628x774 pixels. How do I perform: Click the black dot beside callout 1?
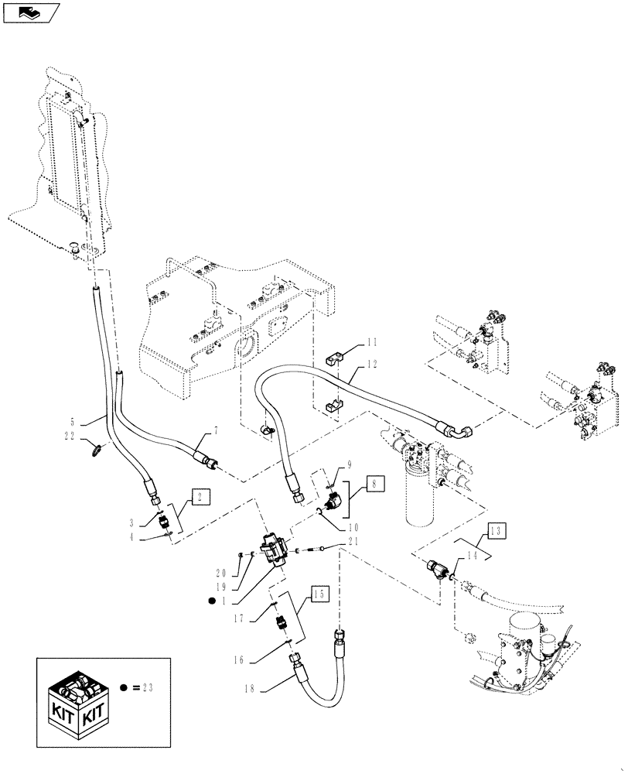click(x=211, y=601)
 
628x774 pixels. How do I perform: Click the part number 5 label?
click(x=74, y=423)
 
